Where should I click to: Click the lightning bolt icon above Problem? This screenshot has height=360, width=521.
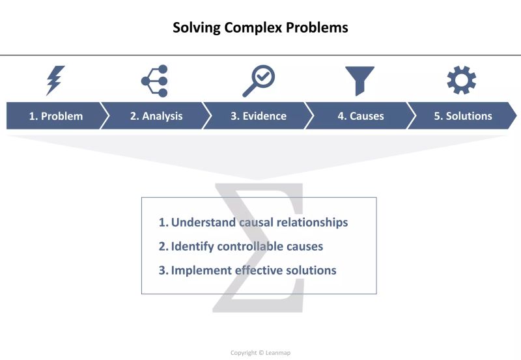click(55, 81)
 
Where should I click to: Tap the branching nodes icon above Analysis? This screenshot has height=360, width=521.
click(155, 81)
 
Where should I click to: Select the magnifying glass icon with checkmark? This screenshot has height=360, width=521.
click(258, 81)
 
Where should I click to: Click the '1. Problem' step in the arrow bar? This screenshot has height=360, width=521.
click(55, 117)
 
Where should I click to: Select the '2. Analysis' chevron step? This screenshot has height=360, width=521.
click(156, 117)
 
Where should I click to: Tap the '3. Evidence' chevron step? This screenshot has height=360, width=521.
click(259, 117)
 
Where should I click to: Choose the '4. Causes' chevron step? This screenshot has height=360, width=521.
click(360, 117)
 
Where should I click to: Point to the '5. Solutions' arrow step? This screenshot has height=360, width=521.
click(463, 117)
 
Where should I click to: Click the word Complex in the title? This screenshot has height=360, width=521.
click(249, 28)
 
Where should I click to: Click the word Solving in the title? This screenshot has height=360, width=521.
click(193, 28)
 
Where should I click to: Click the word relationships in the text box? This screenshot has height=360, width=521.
click(309, 223)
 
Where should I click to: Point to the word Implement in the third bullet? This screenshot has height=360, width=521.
click(199, 270)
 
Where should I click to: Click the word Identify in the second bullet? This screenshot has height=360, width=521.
click(192, 246)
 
